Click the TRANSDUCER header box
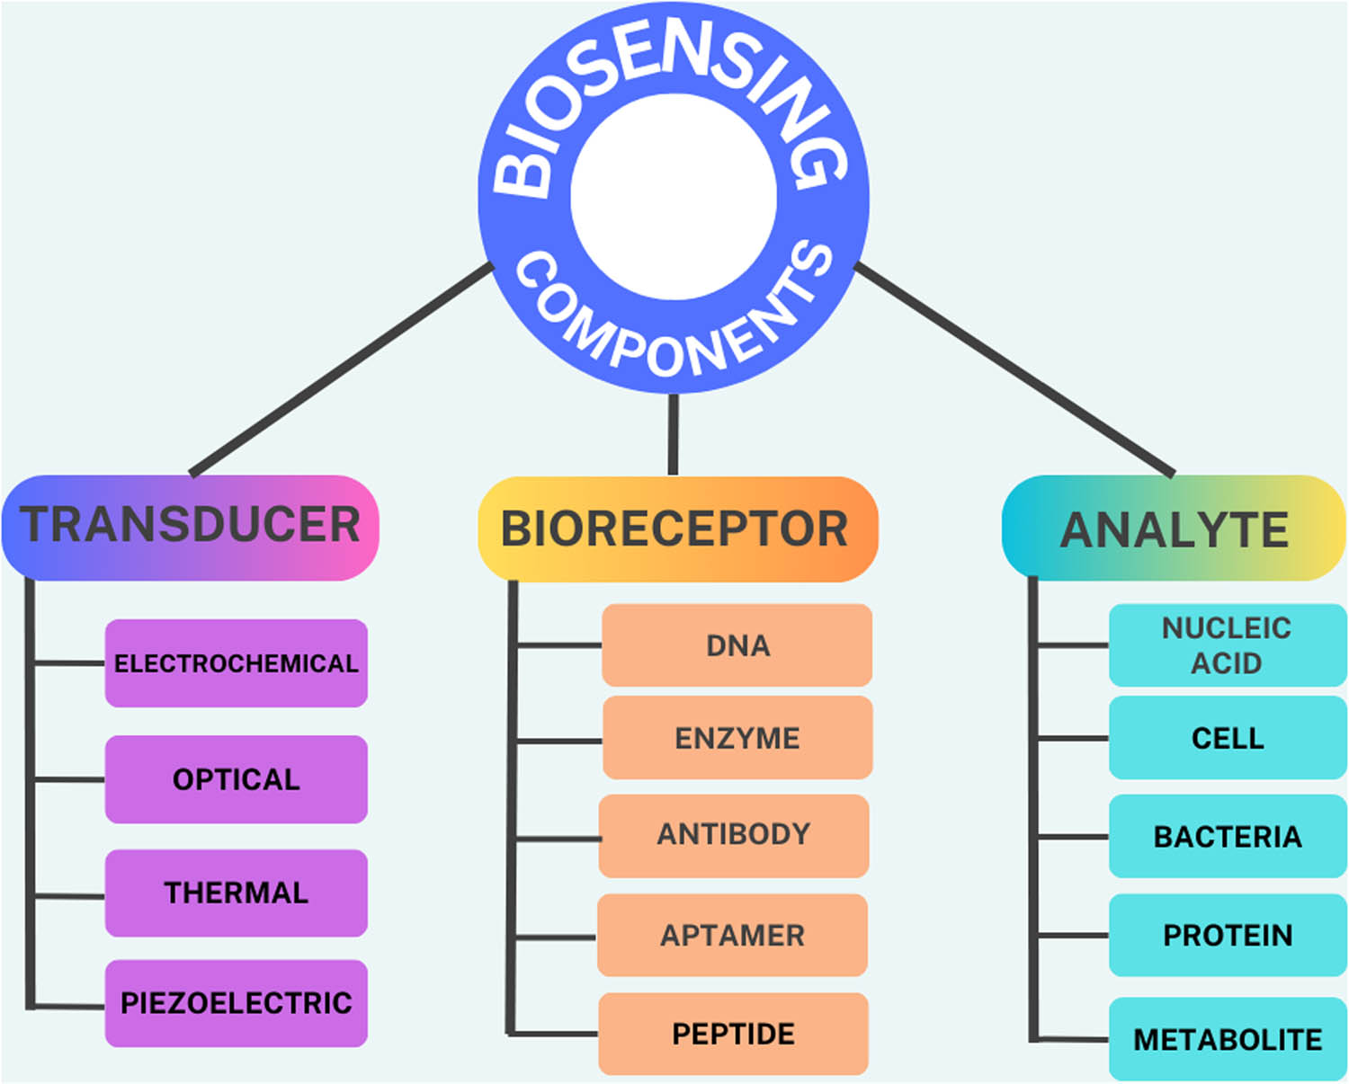click(x=191, y=527)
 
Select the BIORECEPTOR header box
click(x=676, y=529)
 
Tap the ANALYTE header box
click(x=1173, y=529)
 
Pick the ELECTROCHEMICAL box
click(x=236, y=663)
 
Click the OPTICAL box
click(x=236, y=779)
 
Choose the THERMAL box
click(x=236, y=893)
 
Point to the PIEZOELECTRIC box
click(x=236, y=1003)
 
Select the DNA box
click(x=737, y=645)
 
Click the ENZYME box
click(x=737, y=738)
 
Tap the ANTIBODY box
click(x=734, y=835)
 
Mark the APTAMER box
click(x=732, y=935)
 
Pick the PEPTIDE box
click(x=733, y=1034)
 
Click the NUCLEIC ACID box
click(x=1227, y=645)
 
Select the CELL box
click(x=1227, y=738)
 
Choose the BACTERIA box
click(x=1227, y=837)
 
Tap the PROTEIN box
click(x=1227, y=935)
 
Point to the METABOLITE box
click(x=1227, y=1039)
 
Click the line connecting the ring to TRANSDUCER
click(x=342, y=368)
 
